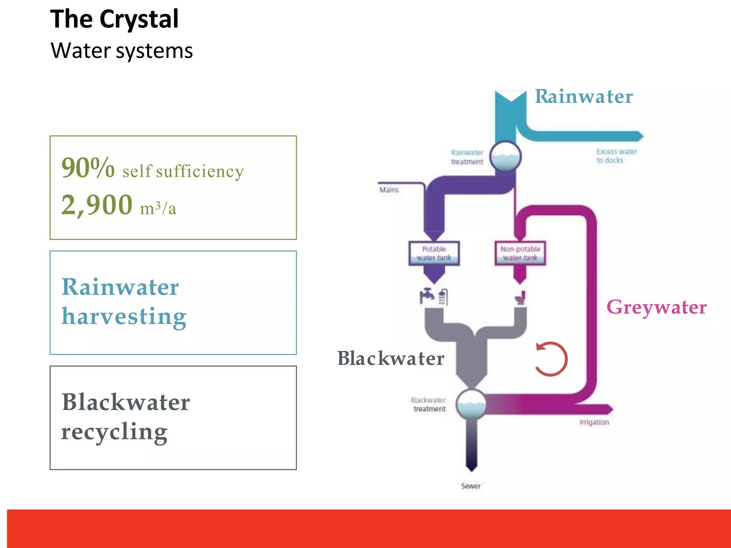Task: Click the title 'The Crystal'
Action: (114, 19)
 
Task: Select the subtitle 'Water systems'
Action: (122, 51)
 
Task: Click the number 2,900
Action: (97, 205)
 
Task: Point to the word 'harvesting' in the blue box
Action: (124, 317)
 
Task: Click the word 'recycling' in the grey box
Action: (114, 432)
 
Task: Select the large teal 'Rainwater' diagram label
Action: (584, 97)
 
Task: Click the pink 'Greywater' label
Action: (656, 307)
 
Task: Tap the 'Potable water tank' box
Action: (434, 253)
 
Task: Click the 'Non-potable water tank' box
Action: (520, 253)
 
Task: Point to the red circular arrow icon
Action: (551, 359)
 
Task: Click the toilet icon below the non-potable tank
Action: (521, 298)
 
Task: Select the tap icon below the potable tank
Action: (427, 295)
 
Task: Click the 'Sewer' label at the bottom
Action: (470, 486)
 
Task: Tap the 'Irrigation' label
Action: (594, 422)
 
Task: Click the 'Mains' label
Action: (389, 190)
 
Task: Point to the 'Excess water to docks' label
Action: (616, 156)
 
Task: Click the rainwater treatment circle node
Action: (505, 156)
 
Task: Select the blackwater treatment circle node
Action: (471, 404)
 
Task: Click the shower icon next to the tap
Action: (443, 297)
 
